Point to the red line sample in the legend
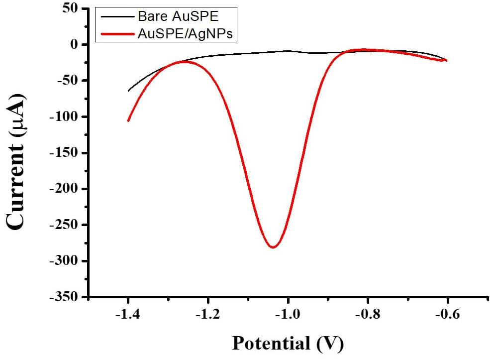click(117, 34)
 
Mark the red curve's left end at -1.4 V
click(128, 120)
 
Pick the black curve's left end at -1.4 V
click(128, 91)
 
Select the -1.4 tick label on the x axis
click(128, 315)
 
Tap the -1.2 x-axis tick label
click(208, 315)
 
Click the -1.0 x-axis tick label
click(288, 315)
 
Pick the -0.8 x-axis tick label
click(368, 315)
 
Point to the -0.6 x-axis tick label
click(447, 315)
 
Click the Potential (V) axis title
click(288, 344)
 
